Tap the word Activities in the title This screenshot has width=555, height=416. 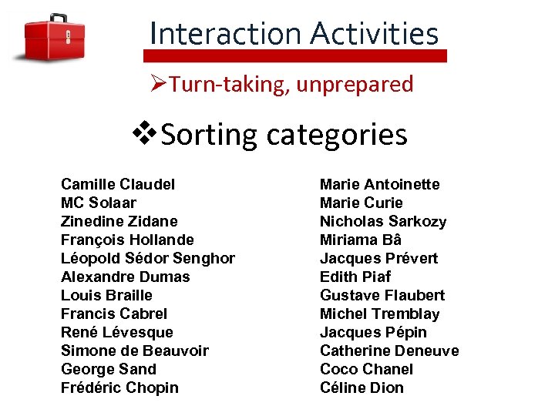pyautogui.click(x=375, y=33)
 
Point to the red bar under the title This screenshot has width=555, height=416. pyautogui.click(x=295, y=56)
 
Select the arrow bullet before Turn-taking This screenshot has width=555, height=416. pyautogui.click(x=158, y=83)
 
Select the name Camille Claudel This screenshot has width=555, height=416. pyautogui.click(x=118, y=184)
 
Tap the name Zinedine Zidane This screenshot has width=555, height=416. pyautogui.click(x=119, y=221)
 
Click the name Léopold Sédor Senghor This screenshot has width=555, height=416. pyautogui.click(x=147, y=258)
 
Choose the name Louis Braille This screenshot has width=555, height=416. pyautogui.click(x=106, y=295)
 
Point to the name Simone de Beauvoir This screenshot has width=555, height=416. pyautogui.click(x=134, y=351)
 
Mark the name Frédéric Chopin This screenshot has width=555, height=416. pyautogui.click(x=119, y=387)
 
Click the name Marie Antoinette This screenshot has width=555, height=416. pyautogui.click(x=379, y=184)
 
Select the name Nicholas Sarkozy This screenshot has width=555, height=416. pyautogui.click(x=382, y=221)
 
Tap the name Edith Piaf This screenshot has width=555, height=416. pyautogui.click(x=355, y=277)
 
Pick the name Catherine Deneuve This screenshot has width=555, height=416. pyautogui.click(x=388, y=351)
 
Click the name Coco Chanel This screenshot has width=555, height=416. pyautogui.click(x=366, y=369)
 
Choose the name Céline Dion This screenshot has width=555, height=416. pyautogui.click(x=362, y=387)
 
